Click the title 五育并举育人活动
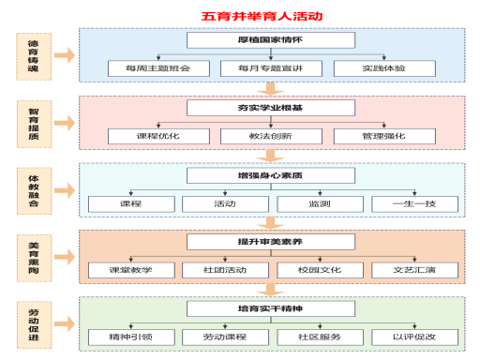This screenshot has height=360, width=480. pos(248,16)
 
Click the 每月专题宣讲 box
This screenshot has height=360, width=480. pos(258,68)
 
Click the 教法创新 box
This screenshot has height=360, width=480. pos(258,136)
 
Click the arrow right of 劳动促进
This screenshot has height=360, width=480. pos(64,323)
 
